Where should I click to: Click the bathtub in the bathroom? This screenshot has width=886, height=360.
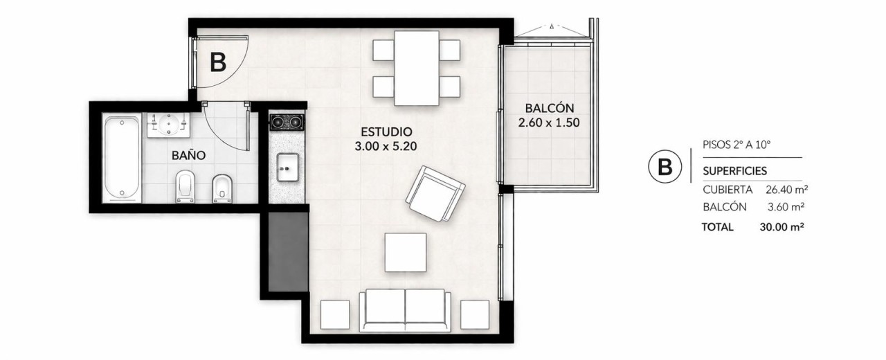pyautogui.click(x=122, y=158)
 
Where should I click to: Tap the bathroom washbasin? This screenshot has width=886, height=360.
pyautogui.click(x=169, y=125)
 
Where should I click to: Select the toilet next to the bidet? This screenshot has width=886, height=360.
pyautogui.click(x=185, y=186)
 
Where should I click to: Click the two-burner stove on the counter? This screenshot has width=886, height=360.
pyautogui.click(x=287, y=123)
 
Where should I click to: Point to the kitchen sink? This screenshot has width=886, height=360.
pyautogui.click(x=287, y=168)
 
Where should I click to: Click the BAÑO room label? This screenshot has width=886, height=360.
pyautogui.click(x=189, y=155)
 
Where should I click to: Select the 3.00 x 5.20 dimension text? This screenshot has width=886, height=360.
pyautogui.click(x=386, y=147)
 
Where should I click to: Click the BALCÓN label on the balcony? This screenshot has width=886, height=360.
pyautogui.click(x=550, y=107)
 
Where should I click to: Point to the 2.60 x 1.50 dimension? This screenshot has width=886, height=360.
pyautogui.click(x=549, y=123)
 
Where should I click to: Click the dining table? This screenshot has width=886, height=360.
pyautogui.click(x=417, y=68)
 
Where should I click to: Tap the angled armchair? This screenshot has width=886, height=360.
pyautogui.click(x=435, y=194)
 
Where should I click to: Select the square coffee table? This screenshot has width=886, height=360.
pyautogui.click(x=406, y=253)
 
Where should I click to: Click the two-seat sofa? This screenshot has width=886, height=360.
pyautogui.click(x=405, y=310)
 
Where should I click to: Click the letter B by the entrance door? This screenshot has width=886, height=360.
pyautogui.click(x=218, y=62)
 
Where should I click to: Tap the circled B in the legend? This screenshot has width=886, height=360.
pyautogui.click(x=665, y=167)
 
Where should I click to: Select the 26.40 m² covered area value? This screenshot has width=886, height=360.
pyautogui.click(x=786, y=190)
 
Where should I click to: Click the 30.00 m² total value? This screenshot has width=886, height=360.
pyautogui.click(x=781, y=227)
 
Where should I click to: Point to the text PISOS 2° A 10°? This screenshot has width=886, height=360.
pyautogui.click(x=736, y=145)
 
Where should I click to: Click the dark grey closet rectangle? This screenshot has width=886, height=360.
pyautogui.click(x=288, y=251)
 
